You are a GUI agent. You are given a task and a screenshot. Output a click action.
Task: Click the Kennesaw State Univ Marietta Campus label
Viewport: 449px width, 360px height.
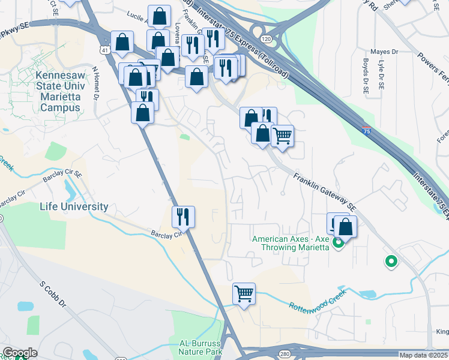coord(58,92)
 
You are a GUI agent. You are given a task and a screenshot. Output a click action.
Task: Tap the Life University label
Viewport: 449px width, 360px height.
coord(74,206)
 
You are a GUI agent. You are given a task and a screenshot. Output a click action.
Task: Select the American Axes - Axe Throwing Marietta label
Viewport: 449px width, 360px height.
coord(291,243)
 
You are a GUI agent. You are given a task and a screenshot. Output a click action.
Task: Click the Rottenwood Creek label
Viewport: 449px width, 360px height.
coord(318,304)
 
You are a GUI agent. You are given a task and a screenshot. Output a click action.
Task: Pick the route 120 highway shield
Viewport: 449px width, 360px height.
coord(266,37)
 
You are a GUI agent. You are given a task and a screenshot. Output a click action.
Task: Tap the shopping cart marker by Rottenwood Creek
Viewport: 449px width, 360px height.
coord(244,294)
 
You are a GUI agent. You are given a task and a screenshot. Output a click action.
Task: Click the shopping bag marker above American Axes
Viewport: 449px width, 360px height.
coord(345,227)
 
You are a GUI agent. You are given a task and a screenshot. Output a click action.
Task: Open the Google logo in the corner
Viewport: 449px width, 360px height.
coord(20,353)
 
